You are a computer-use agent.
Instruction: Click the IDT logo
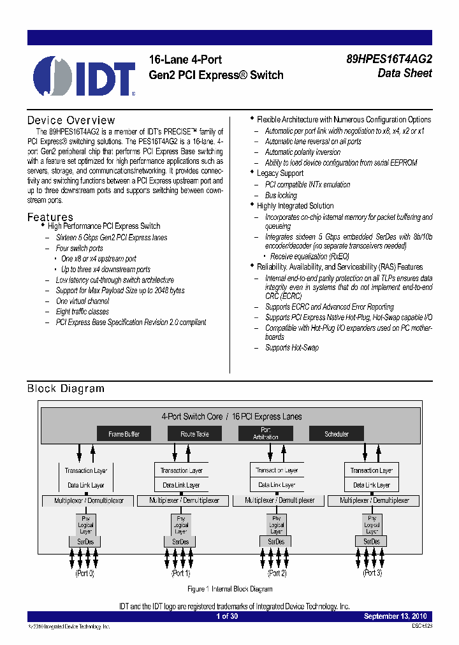pyautogui.click(x=84, y=76)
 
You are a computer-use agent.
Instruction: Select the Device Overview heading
pyautogui.click(x=71, y=120)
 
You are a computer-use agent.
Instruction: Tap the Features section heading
pyautogui.click(x=50, y=217)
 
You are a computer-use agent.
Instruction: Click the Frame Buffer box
pyautogui.click(x=124, y=434)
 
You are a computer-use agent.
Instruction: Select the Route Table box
pyautogui.click(x=194, y=434)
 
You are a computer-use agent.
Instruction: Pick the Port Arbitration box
pyautogui.click(x=265, y=434)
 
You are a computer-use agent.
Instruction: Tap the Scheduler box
pyautogui.click(x=337, y=434)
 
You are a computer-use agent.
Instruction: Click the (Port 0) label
pyautogui.click(x=85, y=574)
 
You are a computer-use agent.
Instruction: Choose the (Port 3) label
pyautogui.click(x=372, y=574)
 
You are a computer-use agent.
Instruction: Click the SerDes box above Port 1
pyautogui.click(x=180, y=542)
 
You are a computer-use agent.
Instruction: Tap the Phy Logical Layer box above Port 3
pyautogui.click(x=372, y=525)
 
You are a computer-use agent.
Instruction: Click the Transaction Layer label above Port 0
pyautogui.click(x=85, y=470)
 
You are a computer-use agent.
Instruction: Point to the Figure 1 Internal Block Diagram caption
pyautogui.click(x=230, y=590)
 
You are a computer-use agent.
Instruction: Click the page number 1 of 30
pyautogui.click(x=227, y=616)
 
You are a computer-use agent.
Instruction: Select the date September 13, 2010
pyautogui.click(x=395, y=616)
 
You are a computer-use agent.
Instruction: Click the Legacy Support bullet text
pyautogui.click(x=280, y=173)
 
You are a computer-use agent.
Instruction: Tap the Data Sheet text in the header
pyautogui.click(x=405, y=73)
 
